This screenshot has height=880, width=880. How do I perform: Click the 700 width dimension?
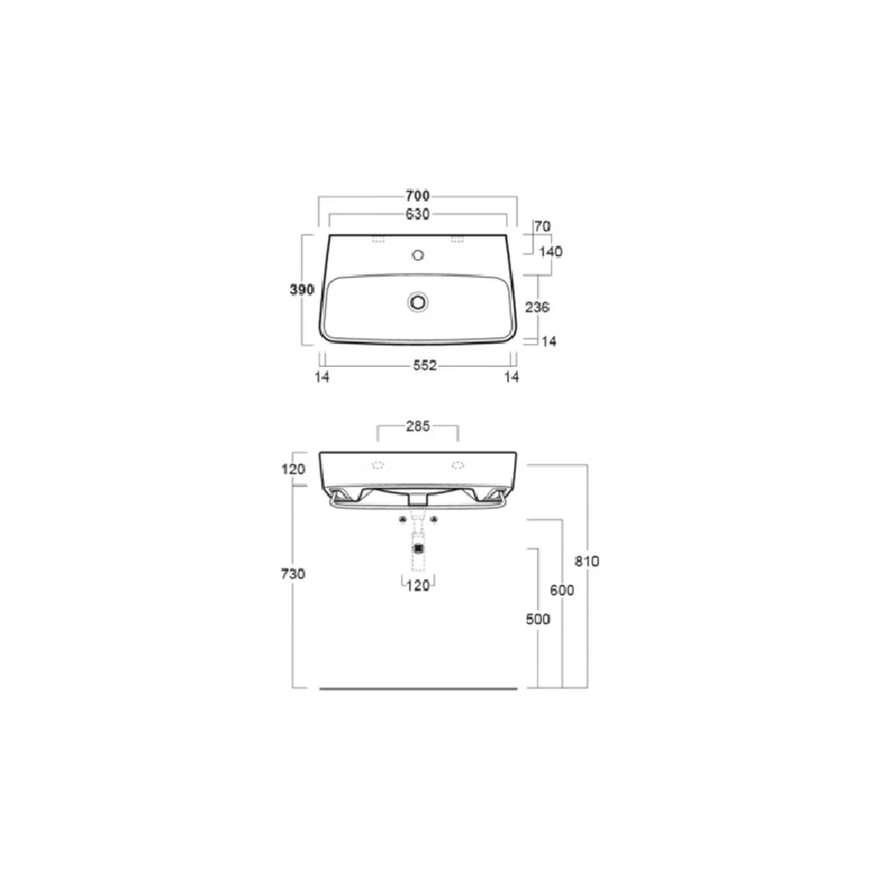pyautogui.click(x=417, y=196)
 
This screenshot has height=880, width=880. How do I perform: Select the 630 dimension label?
pyautogui.click(x=417, y=215)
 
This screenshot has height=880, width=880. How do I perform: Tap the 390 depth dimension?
pyautogui.click(x=302, y=290)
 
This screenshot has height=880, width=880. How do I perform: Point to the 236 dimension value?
pyautogui.click(x=537, y=307)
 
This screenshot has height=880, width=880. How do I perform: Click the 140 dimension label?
pyautogui.click(x=551, y=252)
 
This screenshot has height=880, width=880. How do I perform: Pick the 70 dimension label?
pyautogui.click(x=542, y=227)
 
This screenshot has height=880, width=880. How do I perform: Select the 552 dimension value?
pyautogui.click(x=425, y=365)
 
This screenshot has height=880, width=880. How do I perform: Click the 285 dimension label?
pyautogui.click(x=417, y=427)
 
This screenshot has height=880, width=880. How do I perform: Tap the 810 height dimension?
pyautogui.click(x=587, y=561)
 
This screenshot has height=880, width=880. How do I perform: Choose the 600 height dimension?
pyautogui.click(x=561, y=590)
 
